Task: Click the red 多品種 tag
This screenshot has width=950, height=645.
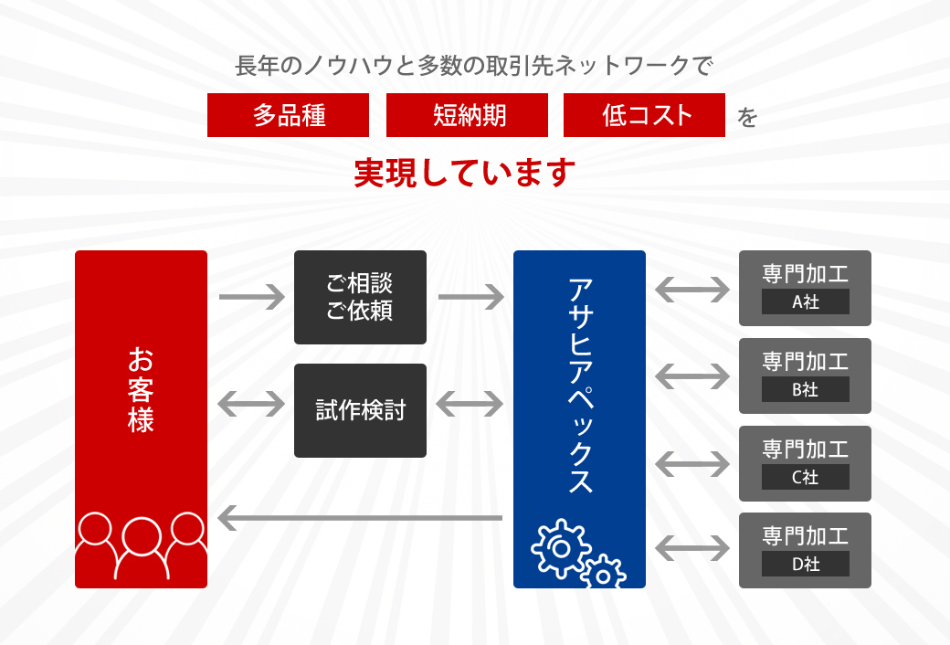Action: click(288, 115)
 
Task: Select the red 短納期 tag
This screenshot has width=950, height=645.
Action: click(467, 115)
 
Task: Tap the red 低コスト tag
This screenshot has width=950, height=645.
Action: click(644, 115)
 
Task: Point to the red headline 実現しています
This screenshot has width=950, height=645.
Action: click(464, 173)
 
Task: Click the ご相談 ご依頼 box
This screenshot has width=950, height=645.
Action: click(361, 297)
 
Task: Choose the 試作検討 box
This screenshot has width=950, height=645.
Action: click(361, 410)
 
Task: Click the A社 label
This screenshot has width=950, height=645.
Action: click(805, 301)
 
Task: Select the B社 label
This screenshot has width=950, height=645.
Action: click(805, 389)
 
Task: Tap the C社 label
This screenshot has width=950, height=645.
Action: click(805, 477)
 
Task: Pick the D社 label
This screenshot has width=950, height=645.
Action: click(805, 564)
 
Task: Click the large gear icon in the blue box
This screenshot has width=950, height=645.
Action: click(561, 548)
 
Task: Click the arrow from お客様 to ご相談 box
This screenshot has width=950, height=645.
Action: click(252, 297)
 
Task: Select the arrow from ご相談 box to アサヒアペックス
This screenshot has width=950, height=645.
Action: click(471, 297)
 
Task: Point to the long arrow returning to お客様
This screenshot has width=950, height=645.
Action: click(360, 518)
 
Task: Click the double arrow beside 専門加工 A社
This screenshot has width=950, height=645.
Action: click(692, 290)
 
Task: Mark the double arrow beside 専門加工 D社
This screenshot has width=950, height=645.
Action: click(692, 548)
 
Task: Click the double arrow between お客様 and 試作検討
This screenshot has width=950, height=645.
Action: click(251, 405)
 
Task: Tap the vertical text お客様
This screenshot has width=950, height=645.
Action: click(141, 390)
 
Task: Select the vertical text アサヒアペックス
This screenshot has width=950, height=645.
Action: click(580, 386)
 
